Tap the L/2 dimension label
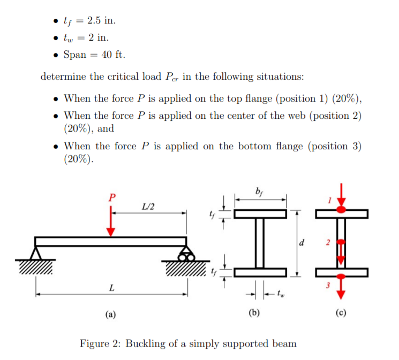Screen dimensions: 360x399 148,206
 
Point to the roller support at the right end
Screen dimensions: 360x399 186,254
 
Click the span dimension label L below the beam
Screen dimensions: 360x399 111,288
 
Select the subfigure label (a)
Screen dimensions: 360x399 111,315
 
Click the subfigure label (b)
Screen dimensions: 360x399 254,315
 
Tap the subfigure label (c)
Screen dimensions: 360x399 341,315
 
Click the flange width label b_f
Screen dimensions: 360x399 260,190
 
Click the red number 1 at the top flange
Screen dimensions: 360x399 330,201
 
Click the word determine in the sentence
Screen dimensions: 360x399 63,76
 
